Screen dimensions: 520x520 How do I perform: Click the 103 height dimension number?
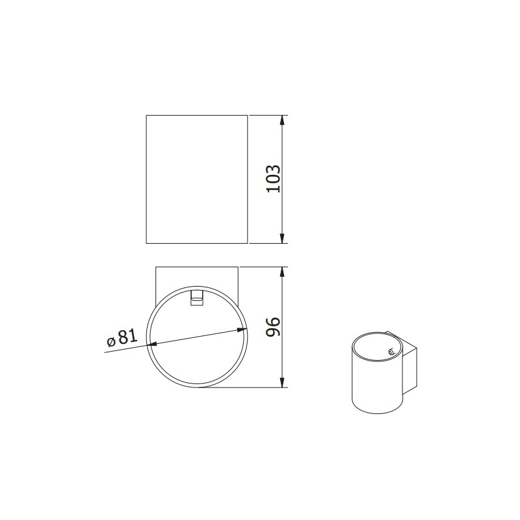point(274,179)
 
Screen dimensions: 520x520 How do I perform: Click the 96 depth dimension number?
point(274,327)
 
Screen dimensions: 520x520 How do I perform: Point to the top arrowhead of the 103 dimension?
point(283,120)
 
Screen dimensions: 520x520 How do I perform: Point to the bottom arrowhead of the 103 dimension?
point(283,239)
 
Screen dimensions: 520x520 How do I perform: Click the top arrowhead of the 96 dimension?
point(283,271)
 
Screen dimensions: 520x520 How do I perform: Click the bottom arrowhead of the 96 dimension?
point(283,383)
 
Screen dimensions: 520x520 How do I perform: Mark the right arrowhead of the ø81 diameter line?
point(244,331)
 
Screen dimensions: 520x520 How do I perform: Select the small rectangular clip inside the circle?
point(196,297)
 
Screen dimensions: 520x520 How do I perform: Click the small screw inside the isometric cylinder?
point(391,353)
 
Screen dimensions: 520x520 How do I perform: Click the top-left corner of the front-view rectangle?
point(146,116)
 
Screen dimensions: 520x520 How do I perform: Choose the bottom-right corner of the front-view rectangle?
point(248,243)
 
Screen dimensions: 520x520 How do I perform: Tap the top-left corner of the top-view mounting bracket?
point(155,266)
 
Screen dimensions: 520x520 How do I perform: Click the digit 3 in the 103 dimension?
point(274,168)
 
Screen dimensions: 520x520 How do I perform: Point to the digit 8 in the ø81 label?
point(122,337)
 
